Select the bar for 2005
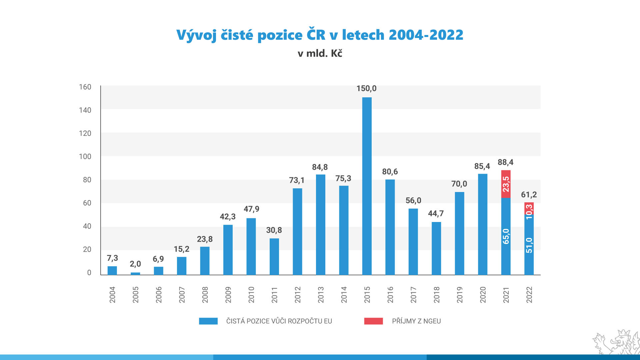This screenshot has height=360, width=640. pos(135,274)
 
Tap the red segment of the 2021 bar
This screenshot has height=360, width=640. pos(506,184)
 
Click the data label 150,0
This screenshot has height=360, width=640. pos(366,88)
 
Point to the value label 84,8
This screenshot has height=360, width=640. pos(320,167)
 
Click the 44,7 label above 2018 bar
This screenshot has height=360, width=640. pos(436,213)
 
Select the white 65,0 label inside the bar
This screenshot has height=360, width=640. pos(506,236)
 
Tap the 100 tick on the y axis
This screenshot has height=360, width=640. pos(85,156)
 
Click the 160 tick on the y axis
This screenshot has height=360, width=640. pos(85,87)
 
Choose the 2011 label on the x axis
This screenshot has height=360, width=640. pos(274,295)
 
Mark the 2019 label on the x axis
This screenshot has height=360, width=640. pos(460,295)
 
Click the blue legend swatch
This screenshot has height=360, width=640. pos(208,321)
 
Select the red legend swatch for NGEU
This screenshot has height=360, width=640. pos(373,321)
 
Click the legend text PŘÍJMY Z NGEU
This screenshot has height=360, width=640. pos(416,321)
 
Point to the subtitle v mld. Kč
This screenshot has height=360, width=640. pos(320,53)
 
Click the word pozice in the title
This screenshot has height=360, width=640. pos(280,35)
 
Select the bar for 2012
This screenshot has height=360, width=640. pos(297,231)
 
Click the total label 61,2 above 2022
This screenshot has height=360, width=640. pos(529,195)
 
